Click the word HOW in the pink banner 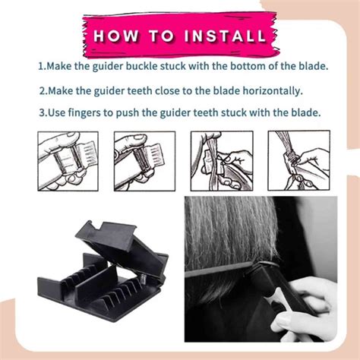pos(115,36)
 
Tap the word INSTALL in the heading pos(223,36)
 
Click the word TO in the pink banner pos(160,36)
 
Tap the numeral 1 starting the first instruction pos(40,67)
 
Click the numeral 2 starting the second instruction pos(40,90)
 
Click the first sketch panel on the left pos(70,162)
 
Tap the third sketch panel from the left pos(221,162)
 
